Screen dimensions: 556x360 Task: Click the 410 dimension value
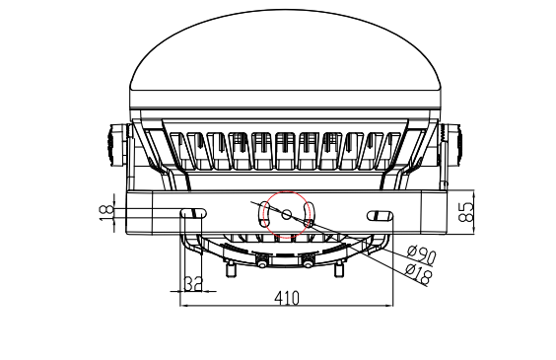(x=287, y=298)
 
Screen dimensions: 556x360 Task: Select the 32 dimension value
(x=193, y=284)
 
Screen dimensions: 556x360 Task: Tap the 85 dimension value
(x=466, y=212)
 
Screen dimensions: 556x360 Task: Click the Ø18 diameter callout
(x=419, y=273)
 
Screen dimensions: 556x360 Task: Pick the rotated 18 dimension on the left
(x=106, y=212)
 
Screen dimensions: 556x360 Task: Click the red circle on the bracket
(x=288, y=191)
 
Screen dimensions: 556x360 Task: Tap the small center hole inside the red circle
(x=287, y=214)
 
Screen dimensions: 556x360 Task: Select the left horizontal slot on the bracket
(x=193, y=213)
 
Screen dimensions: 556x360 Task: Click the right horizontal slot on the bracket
(x=380, y=215)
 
